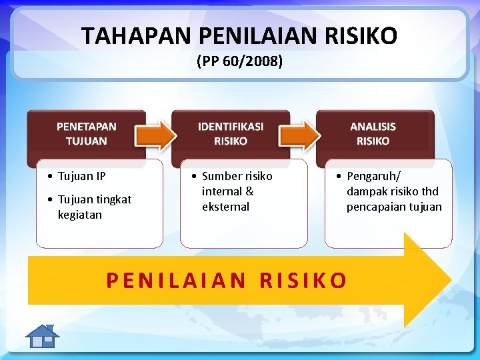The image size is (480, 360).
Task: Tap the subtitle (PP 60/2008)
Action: (x=240, y=62)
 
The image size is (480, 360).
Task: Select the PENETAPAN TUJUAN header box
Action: (x=86, y=134)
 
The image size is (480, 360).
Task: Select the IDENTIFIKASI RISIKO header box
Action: (x=230, y=134)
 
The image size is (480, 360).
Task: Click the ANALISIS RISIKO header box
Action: (x=373, y=134)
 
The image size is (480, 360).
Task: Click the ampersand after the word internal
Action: (x=249, y=192)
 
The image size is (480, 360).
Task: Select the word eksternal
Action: (x=225, y=207)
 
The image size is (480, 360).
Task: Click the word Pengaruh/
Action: (x=373, y=177)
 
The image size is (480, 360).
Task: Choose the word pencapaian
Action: (x=377, y=207)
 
